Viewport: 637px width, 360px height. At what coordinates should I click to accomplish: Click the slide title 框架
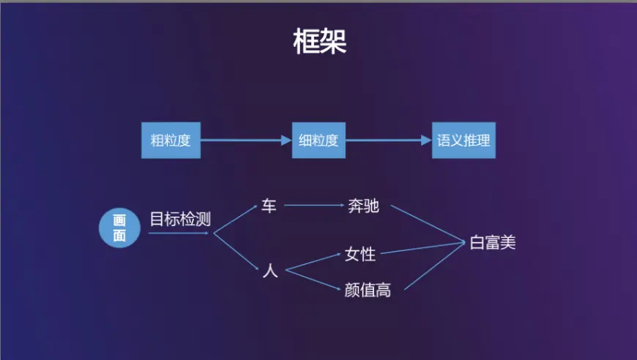coord(319,42)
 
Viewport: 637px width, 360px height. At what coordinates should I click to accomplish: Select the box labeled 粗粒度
coord(171,140)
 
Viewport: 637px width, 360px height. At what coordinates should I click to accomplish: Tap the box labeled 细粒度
coord(318,140)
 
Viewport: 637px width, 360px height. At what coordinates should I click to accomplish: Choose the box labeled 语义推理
coord(463,140)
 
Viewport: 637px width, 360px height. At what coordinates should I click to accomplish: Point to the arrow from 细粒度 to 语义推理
coord(388,140)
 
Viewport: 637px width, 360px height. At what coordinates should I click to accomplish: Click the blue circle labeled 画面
coord(119,228)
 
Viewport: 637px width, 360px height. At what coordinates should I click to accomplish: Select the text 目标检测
coord(180,219)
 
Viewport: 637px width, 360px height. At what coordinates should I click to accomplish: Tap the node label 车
coord(269,206)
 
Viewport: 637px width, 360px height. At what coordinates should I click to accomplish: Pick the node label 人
coord(269,271)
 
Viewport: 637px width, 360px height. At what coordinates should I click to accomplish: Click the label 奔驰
coord(363,206)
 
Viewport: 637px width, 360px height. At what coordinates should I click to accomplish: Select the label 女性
coord(360,255)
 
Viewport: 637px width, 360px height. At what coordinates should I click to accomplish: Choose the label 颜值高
coord(368,290)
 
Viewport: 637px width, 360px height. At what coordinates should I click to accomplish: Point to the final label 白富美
coord(493,243)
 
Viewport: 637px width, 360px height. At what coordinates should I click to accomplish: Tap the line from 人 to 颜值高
coord(313,280)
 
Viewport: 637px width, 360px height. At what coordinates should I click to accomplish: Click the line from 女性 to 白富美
coord(425,249)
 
